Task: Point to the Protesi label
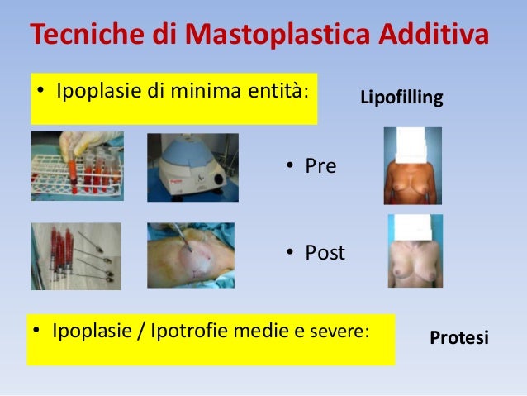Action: (460, 338)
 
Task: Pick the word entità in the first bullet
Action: (281, 88)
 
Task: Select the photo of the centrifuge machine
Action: (192, 168)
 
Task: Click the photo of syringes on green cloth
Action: (75, 256)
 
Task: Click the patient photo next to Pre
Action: (412, 166)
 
